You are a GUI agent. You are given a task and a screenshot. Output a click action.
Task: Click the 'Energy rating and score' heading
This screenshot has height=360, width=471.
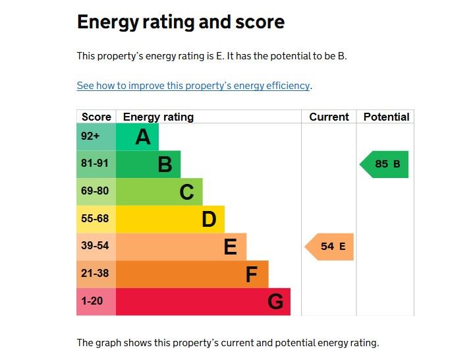(180, 22)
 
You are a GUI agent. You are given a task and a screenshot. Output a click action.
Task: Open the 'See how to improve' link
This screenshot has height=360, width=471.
(193, 86)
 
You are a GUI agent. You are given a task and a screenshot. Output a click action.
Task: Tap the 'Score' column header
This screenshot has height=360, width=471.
(96, 117)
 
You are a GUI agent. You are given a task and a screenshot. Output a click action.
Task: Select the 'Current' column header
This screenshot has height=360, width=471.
(329, 117)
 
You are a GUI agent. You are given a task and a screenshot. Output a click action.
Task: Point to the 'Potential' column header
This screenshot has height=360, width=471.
(386, 117)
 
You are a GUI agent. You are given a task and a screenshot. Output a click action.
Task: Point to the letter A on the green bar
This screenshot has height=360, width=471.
(142, 137)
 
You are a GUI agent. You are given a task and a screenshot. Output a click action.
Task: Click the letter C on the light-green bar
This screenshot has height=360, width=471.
(186, 192)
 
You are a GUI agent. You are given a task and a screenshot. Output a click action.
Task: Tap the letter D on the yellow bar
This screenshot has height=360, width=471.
(209, 220)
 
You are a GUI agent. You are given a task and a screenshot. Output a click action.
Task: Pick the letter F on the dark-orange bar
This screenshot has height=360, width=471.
(251, 274)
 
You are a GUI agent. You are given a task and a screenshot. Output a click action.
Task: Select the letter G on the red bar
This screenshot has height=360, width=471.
(275, 302)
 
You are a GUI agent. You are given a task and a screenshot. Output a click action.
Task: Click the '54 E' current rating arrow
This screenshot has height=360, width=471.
(330, 247)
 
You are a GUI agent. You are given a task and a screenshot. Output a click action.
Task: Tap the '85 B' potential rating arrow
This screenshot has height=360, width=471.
(385, 164)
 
